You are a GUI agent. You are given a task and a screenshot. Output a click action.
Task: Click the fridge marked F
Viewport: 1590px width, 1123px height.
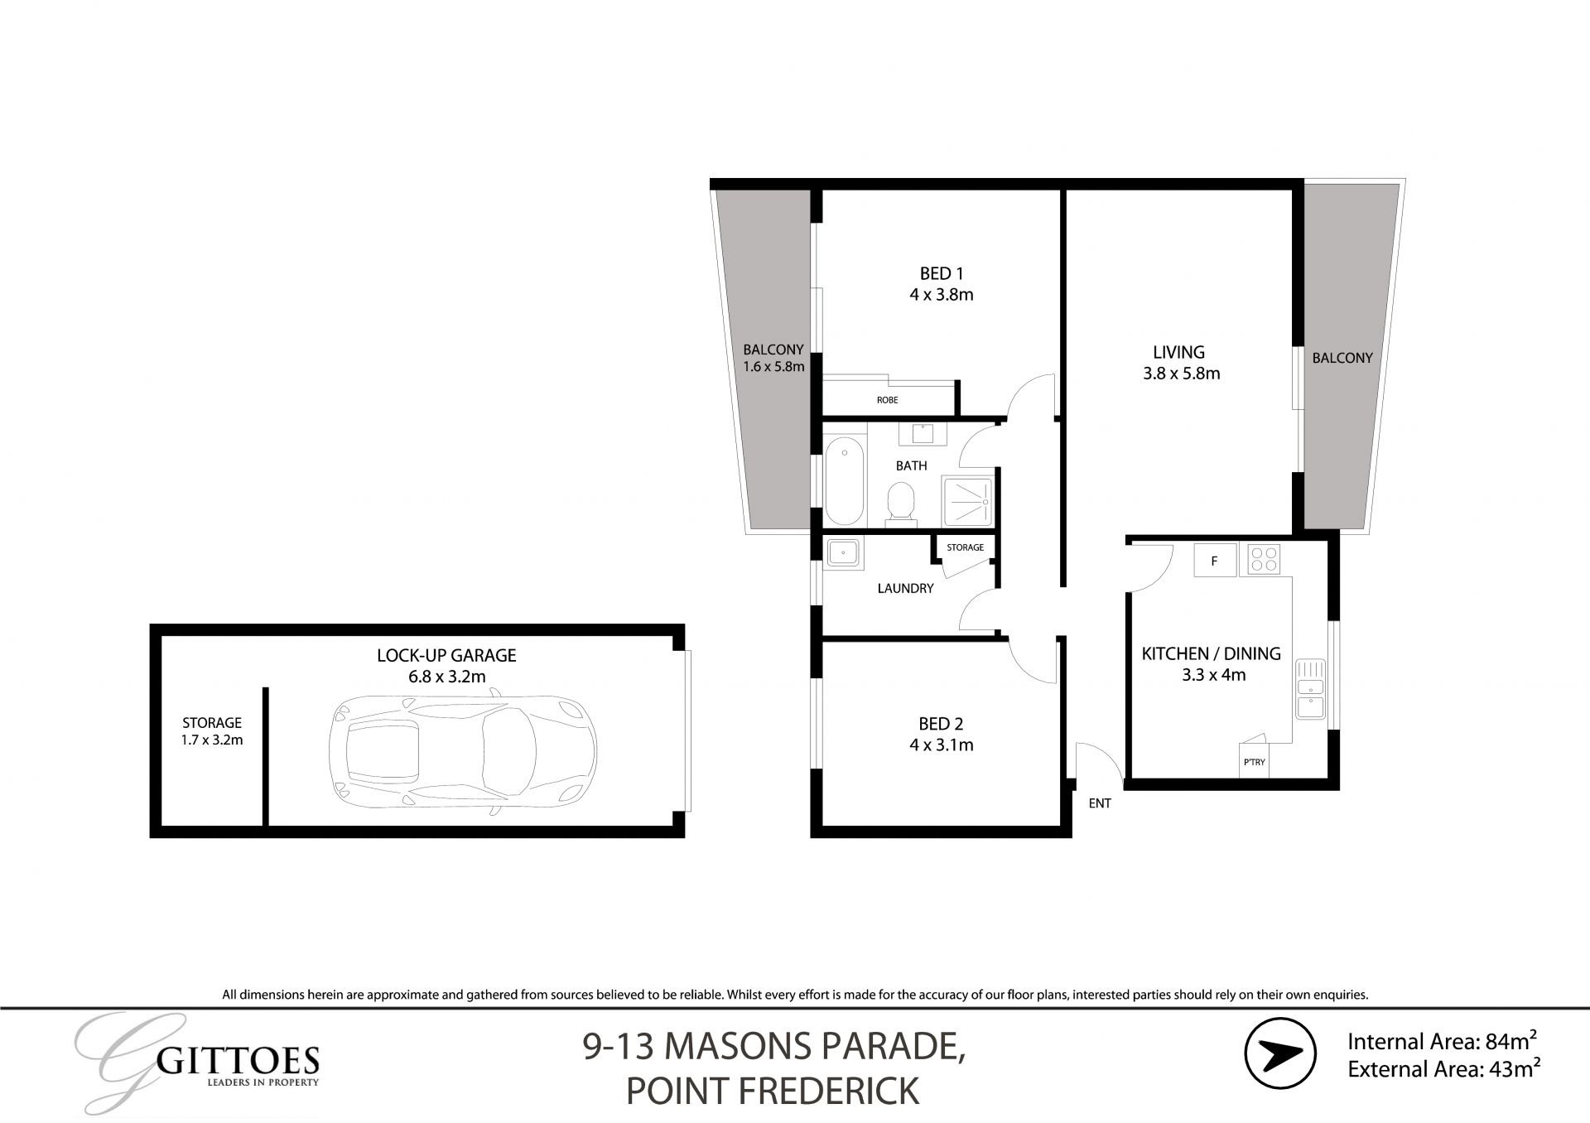pyautogui.click(x=1215, y=561)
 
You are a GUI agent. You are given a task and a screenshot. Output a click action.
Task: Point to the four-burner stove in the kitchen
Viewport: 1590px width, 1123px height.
pyautogui.click(x=1260, y=560)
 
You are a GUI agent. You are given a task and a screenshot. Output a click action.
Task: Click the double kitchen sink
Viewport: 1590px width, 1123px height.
pyautogui.click(x=1310, y=689)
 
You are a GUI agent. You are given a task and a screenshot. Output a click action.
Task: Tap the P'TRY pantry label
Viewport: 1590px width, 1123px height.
pyautogui.click(x=1254, y=762)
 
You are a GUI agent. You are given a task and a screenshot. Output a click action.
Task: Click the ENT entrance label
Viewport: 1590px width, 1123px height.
pyautogui.click(x=1100, y=803)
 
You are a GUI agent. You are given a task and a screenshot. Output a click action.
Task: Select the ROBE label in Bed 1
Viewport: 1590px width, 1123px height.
pyautogui.click(x=888, y=400)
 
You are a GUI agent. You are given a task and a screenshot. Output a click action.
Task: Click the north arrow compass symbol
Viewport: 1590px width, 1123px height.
pyautogui.click(x=1280, y=1053)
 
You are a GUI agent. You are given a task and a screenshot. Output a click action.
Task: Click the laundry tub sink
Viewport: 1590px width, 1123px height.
pyautogui.click(x=844, y=552)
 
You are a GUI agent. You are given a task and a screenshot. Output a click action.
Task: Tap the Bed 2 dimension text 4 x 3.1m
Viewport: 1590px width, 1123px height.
pyautogui.click(x=941, y=745)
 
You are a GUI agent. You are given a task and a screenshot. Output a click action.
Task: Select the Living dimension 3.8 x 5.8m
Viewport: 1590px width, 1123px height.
pyautogui.click(x=1182, y=374)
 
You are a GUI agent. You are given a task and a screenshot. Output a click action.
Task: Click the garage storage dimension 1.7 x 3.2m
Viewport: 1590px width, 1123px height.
pyautogui.click(x=212, y=740)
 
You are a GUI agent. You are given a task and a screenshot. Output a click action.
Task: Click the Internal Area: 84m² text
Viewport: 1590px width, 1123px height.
pyautogui.click(x=1443, y=1040)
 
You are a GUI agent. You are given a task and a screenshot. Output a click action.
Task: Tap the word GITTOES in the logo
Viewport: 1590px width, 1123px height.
pyautogui.click(x=238, y=1060)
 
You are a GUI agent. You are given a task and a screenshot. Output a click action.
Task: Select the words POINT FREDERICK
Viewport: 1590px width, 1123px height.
pyautogui.click(x=773, y=1091)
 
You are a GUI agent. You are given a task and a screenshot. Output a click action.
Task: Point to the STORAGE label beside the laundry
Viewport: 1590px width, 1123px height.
pyautogui.click(x=966, y=547)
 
